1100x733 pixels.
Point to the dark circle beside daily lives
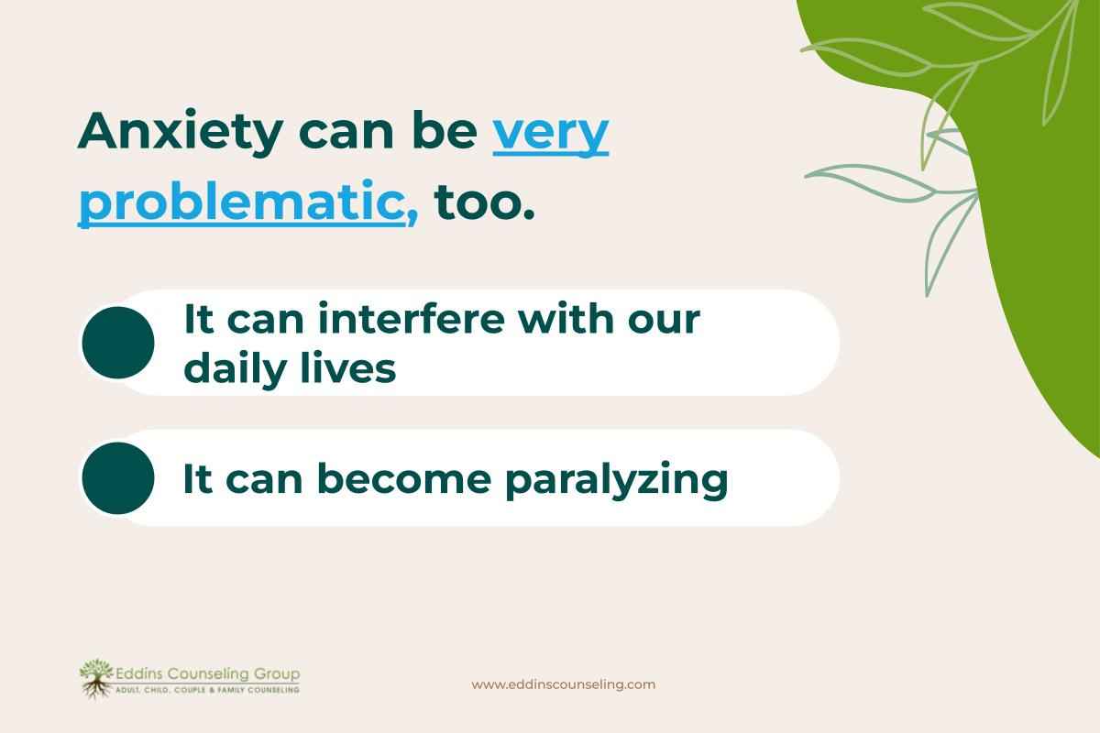click(x=118, y=343)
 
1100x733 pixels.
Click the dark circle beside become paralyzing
click(x=118, y=478)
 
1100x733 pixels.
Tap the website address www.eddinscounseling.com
click(x=563, y=684)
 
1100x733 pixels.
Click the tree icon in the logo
click(x=94, y=678)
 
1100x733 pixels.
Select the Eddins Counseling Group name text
click(x=206, y=674)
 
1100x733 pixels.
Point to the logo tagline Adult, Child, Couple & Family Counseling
click(x=206, y=690)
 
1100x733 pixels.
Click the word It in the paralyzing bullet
click(x=197, y=479)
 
